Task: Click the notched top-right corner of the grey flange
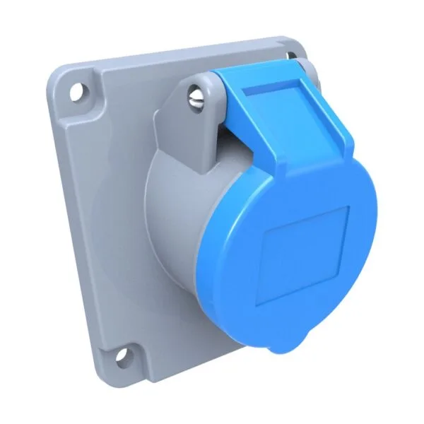click(x=300, y=44)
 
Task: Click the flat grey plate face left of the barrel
click(x=106, y=212)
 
